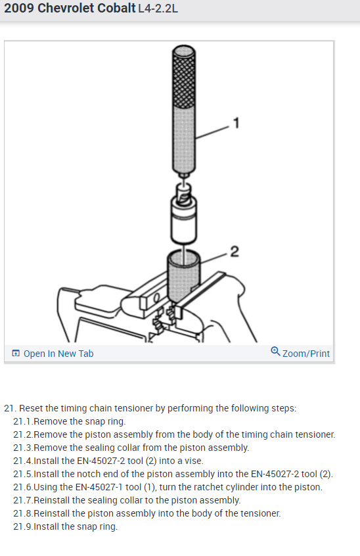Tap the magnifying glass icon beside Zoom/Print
(275, 351)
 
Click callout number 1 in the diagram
(236, 123)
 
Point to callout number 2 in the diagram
(235, 252)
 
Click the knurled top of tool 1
(183, 76)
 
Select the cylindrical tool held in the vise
(183, 277)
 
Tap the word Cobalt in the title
(116, 8)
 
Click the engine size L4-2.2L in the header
(158, 8)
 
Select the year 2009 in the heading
(19, 8)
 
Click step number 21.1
(23, 422)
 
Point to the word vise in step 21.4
(194, 461)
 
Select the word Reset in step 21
(29, 409)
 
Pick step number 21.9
(23, 526)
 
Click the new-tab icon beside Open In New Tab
(16, 353)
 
